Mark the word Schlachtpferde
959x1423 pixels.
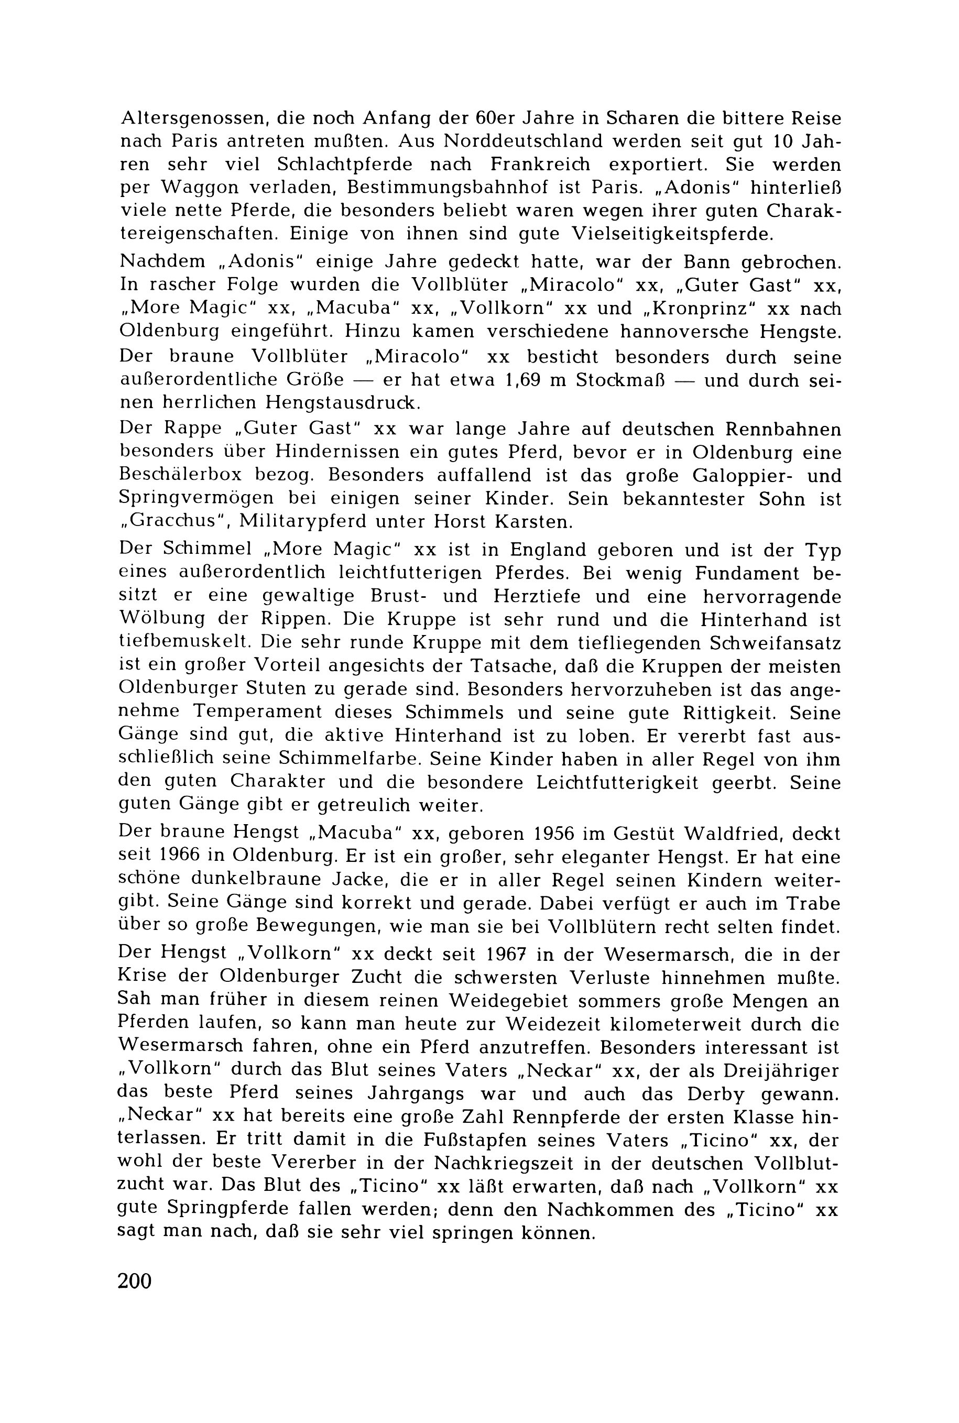click(x=346, y=165)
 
